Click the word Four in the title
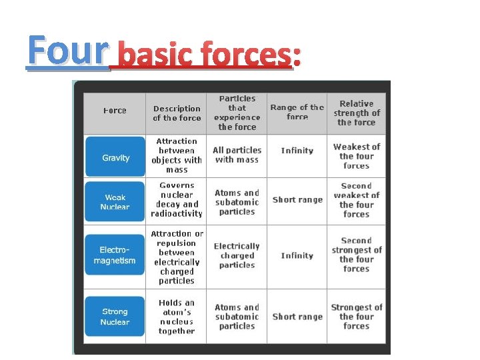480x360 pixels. coord(67,51)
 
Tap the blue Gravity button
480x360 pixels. coord(115,157)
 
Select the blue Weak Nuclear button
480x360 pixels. coord(115,202)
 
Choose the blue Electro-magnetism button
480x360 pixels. coord(115,255)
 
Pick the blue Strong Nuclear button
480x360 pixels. coord(115,317)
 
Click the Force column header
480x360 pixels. coord(115,111)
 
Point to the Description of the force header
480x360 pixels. coord(177,113)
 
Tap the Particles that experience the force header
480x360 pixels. coord(237,113)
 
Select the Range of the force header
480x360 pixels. coord(297,112)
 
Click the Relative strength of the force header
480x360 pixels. coord(356,113)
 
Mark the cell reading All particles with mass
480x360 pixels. coord(237,155)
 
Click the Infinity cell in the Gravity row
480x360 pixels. coord(297,151)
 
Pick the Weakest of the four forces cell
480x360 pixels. coord(356,156)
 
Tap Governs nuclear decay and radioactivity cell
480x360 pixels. coord(177,199)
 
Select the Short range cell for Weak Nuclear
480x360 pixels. coord(297,199)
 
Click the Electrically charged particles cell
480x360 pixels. coord(237,255)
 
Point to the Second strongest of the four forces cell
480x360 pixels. coord(356,255)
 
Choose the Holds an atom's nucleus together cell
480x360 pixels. coord(177,317)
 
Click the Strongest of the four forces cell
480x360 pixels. coord(356,317)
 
